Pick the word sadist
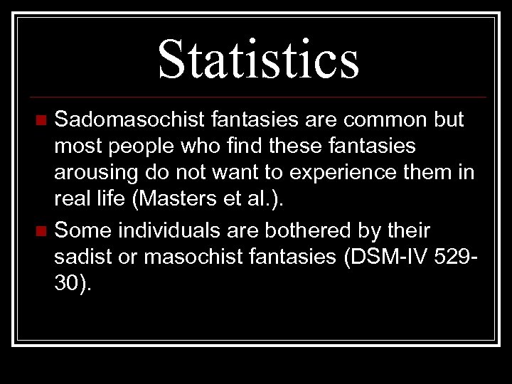pos(86,257)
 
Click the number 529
pos(457,257)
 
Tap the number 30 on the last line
pos(68,284)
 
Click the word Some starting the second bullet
pos(81,230)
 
